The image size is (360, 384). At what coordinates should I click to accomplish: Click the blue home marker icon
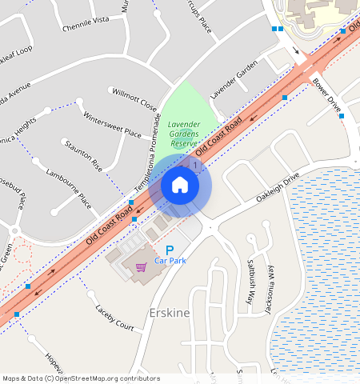click(180, 186)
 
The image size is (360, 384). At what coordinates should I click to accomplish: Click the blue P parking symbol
click(170, 250)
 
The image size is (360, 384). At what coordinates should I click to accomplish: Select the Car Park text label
click(170, 261)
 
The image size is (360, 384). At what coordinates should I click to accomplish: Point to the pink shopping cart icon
click(142, 267)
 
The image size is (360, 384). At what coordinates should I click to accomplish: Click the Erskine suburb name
click(170, 312)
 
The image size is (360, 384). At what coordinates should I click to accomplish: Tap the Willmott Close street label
click(134, 98)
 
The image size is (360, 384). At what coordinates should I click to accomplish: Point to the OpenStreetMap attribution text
click(81, 378)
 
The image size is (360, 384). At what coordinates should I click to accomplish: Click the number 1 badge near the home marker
click(196, 164)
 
